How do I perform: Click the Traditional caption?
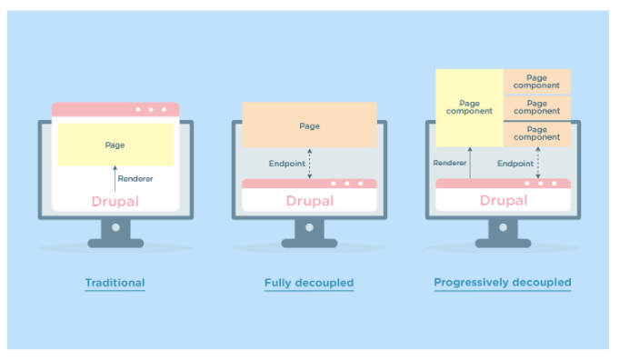tap(115, 283)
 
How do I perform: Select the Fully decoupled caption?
tap(308, 283)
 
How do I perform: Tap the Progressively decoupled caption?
tap(503, 283)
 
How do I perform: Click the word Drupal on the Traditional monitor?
tap(115, 201)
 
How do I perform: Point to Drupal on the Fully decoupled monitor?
tap(309, 201)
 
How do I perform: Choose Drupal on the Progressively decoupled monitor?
tap(504, 200)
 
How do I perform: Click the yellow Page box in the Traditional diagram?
tap(115, 145)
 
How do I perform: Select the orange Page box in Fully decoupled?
tap(309, 125)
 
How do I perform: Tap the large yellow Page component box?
tap(469, 107)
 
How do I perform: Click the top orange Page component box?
tap(537, 82)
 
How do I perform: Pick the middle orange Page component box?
tap(537, 107)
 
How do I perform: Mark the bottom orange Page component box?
tap(537, 133)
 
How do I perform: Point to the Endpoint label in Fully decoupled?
tap(287, 165)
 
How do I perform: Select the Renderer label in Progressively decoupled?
tap(450, 164)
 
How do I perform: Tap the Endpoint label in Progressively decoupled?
tap(514, 164)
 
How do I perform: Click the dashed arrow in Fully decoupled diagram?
tap(310, 165)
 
